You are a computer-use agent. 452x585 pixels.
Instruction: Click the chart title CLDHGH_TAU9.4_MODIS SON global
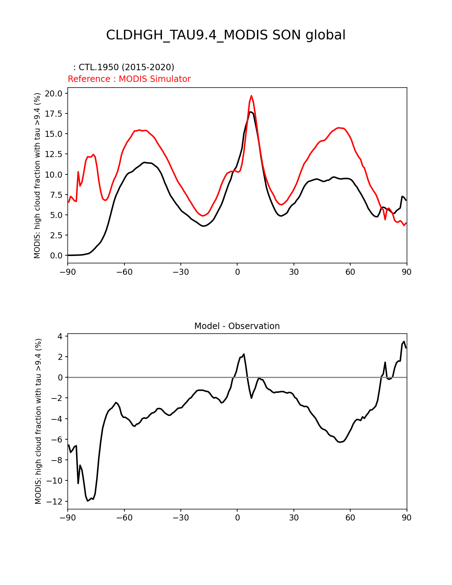[x=225, y=35]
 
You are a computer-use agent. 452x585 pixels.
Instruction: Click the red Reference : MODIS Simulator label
[x=129, y=79]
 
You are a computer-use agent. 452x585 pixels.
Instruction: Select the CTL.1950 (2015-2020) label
[x=124, y=67]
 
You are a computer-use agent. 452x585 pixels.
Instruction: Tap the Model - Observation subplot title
[x=237, y=326]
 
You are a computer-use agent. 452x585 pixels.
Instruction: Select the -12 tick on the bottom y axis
[x=57, y=501]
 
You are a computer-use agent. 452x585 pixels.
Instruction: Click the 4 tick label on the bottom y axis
[x=61, y=336]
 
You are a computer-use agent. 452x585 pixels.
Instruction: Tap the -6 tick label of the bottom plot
[x=58, y=440]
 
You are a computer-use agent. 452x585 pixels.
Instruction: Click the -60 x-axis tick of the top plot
[x=124, y=272]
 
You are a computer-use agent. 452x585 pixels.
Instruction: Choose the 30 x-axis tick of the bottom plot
[x=294, y=518]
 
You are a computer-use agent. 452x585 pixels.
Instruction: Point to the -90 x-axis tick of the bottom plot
[x=68, y=518]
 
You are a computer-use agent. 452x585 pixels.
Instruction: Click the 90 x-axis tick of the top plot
[x=407, y=272]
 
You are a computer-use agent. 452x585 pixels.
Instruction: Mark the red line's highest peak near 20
[x=251, y=96]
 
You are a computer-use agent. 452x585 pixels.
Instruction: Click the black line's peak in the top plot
[x=251, y=112]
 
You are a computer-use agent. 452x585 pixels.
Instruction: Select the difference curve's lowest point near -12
[x=88, y=501]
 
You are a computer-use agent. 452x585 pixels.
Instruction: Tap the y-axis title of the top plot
[x=38, y=175]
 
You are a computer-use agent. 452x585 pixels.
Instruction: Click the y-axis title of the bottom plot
[x=38, y=421]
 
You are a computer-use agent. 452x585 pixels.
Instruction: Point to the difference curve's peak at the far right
[x=404, y=341]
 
